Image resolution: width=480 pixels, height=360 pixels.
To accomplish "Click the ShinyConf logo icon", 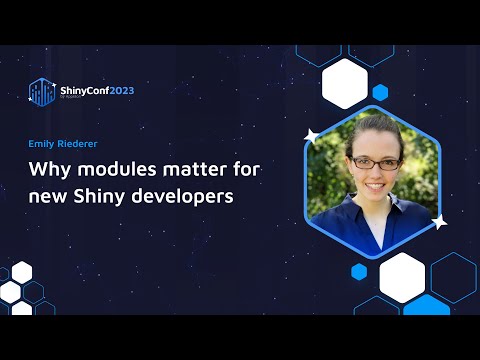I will pos(42,92).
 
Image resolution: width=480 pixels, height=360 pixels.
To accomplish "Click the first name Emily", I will pos(42,142).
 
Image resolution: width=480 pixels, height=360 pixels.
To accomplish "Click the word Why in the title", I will pos(47,168).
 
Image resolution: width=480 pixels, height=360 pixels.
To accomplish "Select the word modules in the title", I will pos(110,168).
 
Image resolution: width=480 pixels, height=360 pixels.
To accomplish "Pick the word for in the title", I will pos(238,168).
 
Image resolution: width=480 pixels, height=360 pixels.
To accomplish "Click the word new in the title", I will pos(48,195).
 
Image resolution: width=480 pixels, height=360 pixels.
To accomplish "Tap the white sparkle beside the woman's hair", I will pos(311,134).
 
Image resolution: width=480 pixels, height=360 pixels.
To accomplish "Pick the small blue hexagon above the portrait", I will pos(379,93).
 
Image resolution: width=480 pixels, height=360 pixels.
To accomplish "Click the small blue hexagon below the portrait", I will pos(359,271).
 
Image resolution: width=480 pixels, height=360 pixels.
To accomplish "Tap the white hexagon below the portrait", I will pos(402,276).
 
